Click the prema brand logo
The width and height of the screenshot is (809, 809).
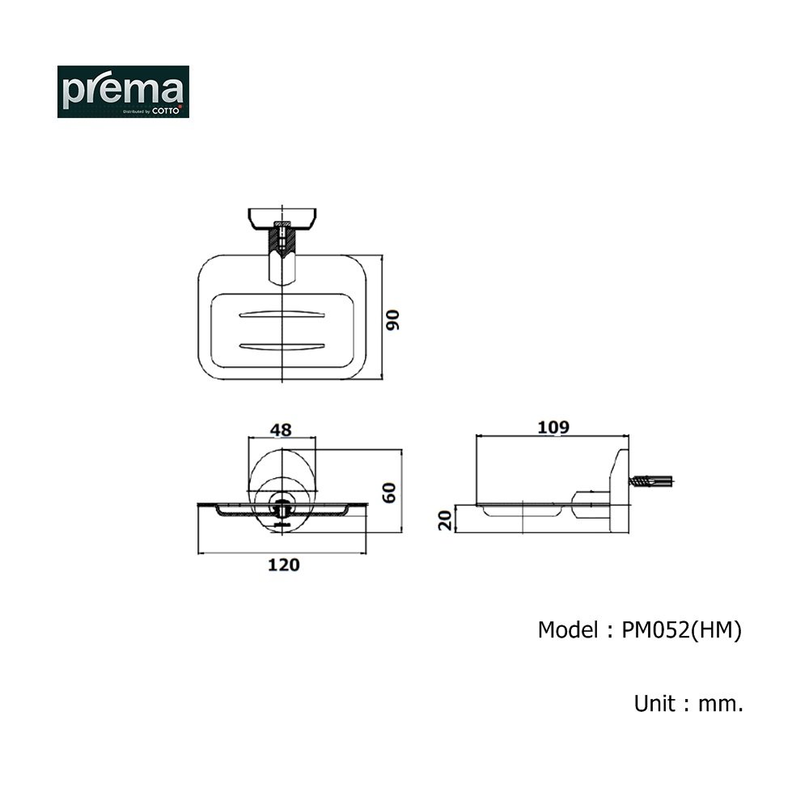pos(123,91)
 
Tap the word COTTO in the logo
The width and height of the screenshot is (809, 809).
pos(166,111)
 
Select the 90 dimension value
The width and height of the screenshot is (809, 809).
pos(392,320)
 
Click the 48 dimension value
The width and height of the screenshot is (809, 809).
pos(281,430)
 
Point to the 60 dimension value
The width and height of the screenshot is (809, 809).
pos(389,493)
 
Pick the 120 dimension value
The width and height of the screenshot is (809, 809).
pos(284,565)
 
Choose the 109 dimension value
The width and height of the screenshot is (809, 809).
pos(553,427)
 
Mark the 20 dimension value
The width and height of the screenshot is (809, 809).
pos(445,520)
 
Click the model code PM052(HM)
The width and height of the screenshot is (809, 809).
pos(681,630)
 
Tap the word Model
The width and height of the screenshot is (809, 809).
pos(568,630)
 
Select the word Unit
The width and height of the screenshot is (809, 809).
pos(654,703)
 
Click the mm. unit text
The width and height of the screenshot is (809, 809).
pos(721,705)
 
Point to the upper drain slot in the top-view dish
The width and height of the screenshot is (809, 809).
pos(282,314)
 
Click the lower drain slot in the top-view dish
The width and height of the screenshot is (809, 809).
pos(282,346)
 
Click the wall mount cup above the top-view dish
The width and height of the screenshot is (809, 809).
pos(282,218)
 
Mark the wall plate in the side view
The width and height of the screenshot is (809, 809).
pos(619,491)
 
